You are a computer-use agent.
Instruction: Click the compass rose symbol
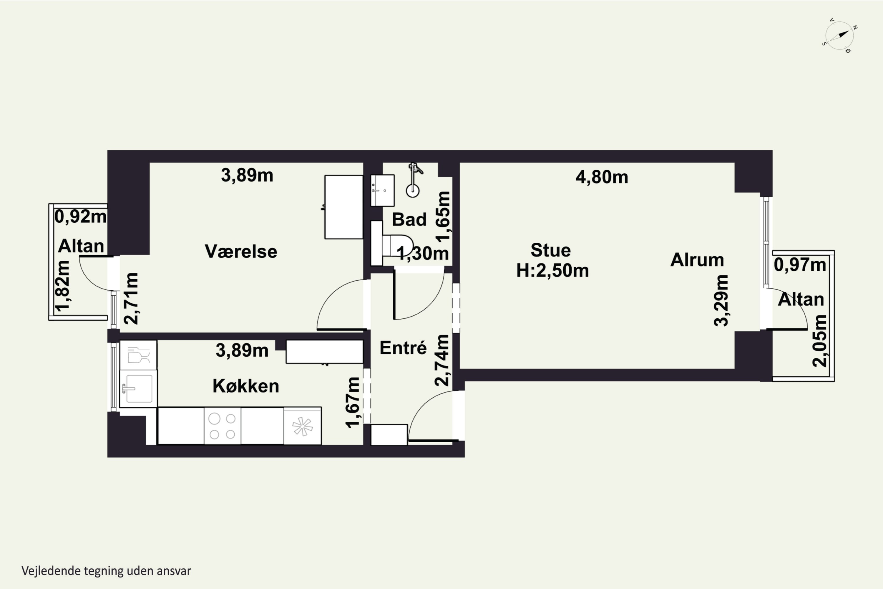[x=840, y=36]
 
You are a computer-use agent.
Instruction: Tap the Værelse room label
[x=241, y=251]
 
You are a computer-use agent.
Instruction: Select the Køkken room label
[x=246, y=386]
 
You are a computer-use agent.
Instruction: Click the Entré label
[x=403, y=348]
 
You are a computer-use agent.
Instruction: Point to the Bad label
[x=409, y=219]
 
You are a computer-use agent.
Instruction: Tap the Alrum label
[x=697, y=260]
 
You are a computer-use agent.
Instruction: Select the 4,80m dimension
[x=602, y=177]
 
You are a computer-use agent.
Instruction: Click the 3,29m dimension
[x=721, y=300]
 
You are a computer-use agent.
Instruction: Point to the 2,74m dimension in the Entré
[x=442, y=360]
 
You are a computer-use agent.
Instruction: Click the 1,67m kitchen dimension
[x=353, y=402]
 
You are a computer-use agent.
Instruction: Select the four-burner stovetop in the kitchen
[x=223, y=426]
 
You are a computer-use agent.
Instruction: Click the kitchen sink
[x=138, y=388]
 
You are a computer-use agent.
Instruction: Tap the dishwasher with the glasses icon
[x=138, y=355]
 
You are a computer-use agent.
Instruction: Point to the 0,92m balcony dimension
[x=80, y=217]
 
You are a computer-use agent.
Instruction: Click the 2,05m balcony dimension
[x=819, y=341]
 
